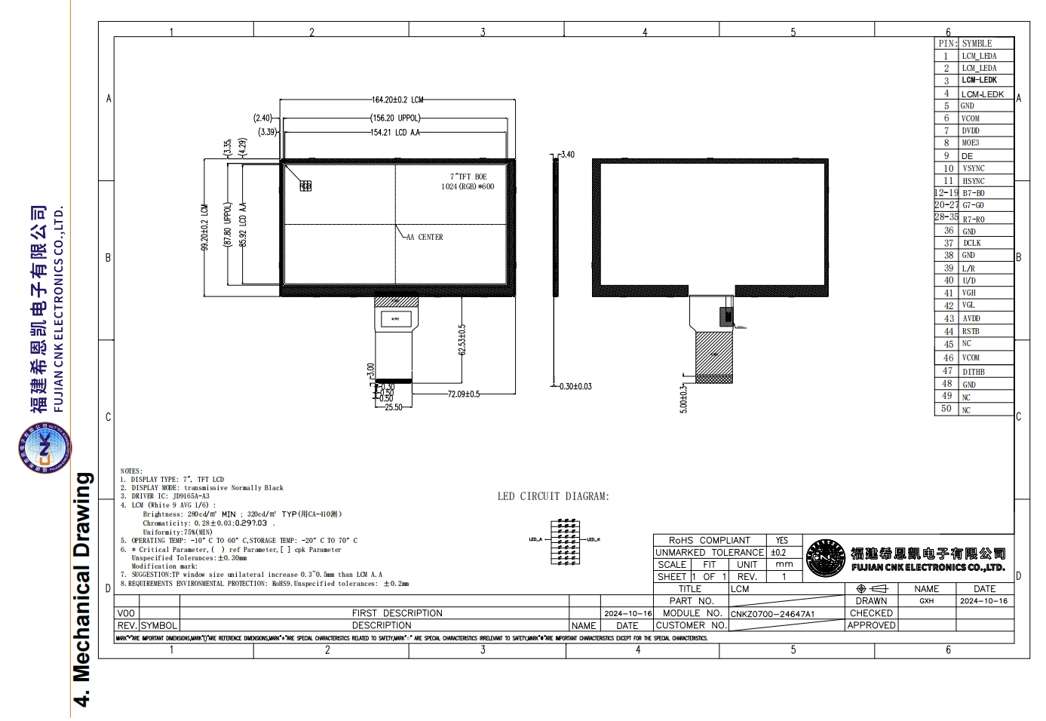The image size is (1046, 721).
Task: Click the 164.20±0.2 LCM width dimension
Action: [x=397, y=100]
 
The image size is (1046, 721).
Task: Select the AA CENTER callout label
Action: [x=425, y=237]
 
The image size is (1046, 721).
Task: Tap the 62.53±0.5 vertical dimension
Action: [x=462, y=340]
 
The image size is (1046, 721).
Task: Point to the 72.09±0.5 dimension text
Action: [x=463, y=394]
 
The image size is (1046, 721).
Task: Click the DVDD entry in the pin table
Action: [x=970, y=130]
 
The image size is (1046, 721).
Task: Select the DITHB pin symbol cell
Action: [x=973, y=372]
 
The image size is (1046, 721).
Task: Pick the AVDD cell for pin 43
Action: [x=971, y=318]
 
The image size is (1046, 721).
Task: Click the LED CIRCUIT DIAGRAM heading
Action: [x=553, y=496]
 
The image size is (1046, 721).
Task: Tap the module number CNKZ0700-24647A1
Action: [x=772, y=614]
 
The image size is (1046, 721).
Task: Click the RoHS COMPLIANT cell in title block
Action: [x=709, y=540]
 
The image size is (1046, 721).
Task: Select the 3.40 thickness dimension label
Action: [x=567, y=155]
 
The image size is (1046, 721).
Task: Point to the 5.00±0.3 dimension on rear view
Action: [x=683, y=398]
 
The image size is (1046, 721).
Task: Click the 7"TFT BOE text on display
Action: [x=468, y=176]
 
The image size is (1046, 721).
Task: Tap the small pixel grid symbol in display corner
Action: [x=305, y=186]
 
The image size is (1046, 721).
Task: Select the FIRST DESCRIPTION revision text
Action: [x=397, y=613]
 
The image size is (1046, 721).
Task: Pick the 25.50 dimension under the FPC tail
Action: [x=393, y=407]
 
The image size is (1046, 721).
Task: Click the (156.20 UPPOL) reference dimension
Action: [x=395, y=118]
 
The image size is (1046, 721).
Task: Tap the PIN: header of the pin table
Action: [x=947, y=43]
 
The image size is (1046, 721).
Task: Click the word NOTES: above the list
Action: [x=131, y=471]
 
